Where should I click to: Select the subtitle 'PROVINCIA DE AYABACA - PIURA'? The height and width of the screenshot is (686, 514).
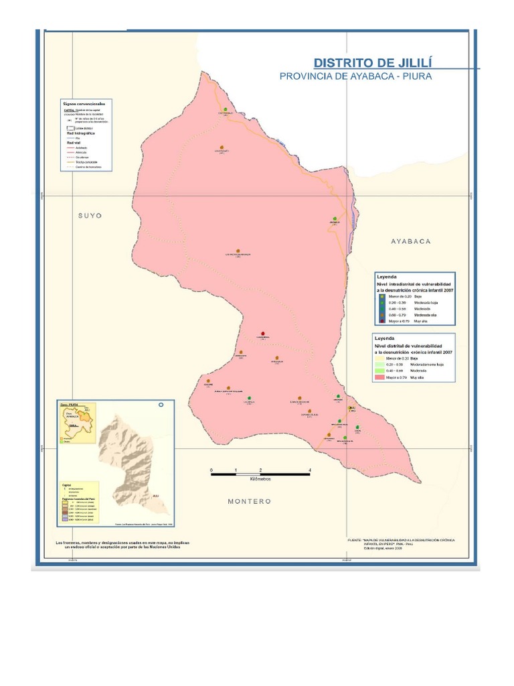[x=355, y=76]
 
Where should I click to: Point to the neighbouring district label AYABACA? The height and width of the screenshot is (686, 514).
[x=411, y=241]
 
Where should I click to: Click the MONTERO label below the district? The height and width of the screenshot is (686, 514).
[x=249, y=501]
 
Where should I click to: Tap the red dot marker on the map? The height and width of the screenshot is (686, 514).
[x=263, y=334]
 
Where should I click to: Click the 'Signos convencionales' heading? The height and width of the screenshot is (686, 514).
[x=84, y=105]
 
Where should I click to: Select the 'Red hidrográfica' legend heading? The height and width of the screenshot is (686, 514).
[x=80, y=133]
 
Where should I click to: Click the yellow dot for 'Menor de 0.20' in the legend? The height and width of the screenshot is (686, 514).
[x=382, y=296]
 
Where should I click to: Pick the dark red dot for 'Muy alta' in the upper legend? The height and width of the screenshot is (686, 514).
[x=382, y=322]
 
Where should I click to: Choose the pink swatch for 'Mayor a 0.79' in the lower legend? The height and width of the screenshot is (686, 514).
[x=382, y=378]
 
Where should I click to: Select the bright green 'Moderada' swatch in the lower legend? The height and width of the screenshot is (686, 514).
[x=382, y=371]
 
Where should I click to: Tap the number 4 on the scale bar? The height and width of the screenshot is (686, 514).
[x=310, y=470]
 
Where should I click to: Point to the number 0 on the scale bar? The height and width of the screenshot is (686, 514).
[x=211, y=470]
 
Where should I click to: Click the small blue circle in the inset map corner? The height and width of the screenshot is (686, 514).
[x=161, y=405]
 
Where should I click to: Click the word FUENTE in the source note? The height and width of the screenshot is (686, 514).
[x=355, y=539]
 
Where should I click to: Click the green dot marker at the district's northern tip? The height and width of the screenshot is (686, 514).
[x=226, y=109]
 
